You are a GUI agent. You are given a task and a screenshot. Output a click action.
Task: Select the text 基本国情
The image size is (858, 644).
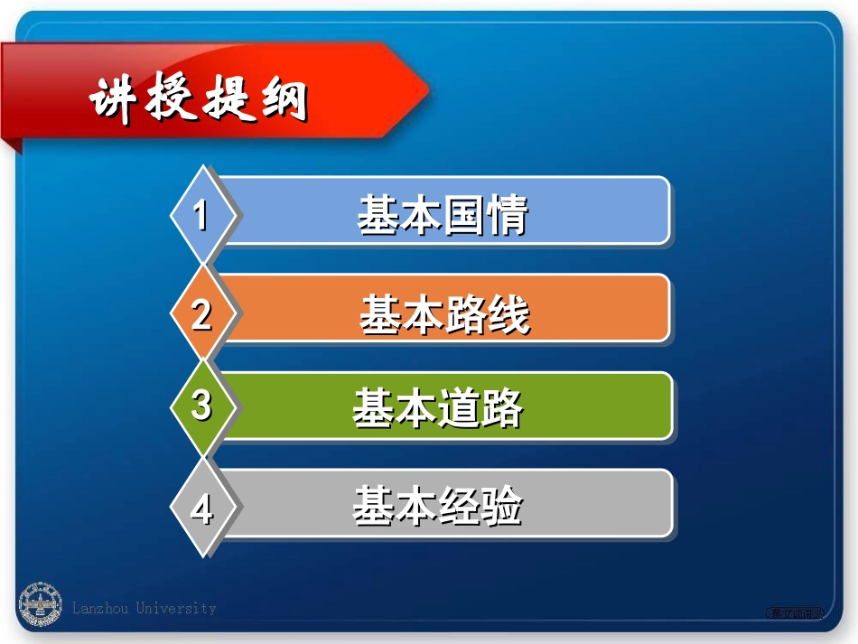pos(442,217)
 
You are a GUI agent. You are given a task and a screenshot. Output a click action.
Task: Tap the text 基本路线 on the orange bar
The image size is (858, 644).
pos(444,314)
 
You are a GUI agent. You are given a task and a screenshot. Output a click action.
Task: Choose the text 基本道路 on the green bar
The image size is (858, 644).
pos(438,410)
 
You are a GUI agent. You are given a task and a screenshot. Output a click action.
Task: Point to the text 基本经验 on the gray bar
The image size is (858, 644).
pos(438,507)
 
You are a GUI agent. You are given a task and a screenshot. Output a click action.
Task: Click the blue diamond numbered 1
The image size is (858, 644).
pos(202,216)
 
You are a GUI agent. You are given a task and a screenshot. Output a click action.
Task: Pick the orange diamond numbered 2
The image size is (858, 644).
pos(202,314)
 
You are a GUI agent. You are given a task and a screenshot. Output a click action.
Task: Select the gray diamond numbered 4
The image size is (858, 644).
pos(202,509)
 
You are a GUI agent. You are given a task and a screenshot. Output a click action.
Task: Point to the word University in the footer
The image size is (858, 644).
pos(176,609)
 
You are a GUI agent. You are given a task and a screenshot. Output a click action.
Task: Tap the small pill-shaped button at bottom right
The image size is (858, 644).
pos(796,613)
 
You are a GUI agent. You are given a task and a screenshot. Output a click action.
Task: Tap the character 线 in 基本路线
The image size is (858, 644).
pos(509,314)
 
